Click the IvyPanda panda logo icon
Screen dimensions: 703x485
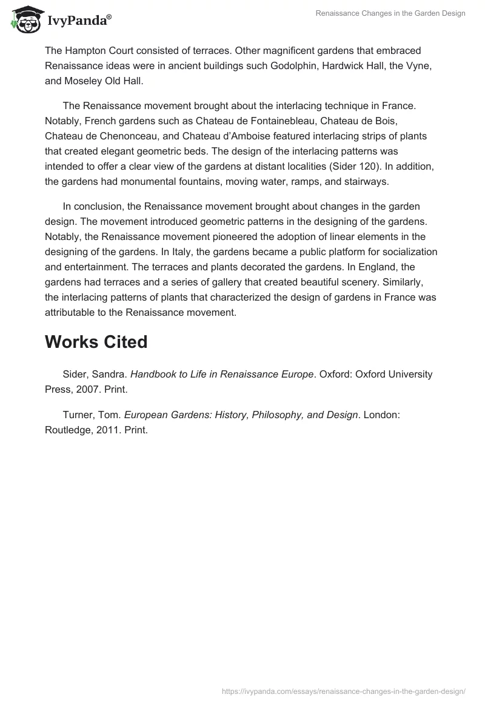(x=23, y=19)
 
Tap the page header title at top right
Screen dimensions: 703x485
(x=390, y=13)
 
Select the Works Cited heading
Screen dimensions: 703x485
(x=96, y=342)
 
